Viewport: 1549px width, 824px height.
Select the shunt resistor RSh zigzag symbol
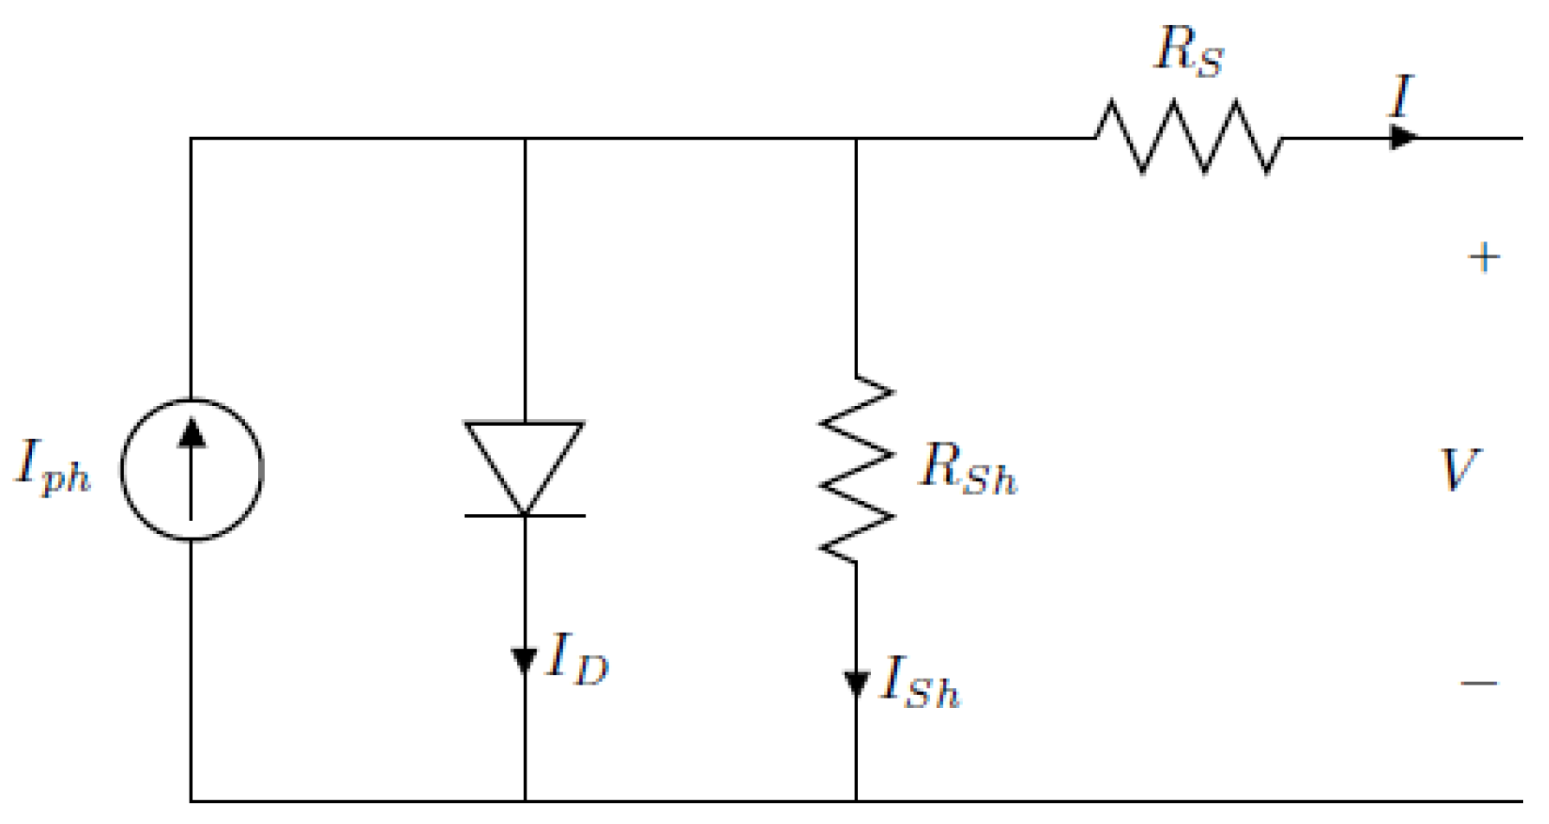point(856,470)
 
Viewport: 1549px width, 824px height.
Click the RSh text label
point(967,470)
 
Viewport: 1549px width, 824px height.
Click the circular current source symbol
point(191,470)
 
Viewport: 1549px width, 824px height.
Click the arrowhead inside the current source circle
point(191,433)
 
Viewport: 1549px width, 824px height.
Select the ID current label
point(578,660)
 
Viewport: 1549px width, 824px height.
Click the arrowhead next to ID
point(525,661)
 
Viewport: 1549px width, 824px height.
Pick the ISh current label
point(920,684)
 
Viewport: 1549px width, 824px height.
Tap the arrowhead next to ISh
point(856,685)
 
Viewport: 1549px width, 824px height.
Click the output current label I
point(1401,97)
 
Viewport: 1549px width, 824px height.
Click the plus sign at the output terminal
point(1484,258)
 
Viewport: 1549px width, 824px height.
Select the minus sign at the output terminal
point(1480,684)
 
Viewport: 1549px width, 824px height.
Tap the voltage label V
point(1460,470)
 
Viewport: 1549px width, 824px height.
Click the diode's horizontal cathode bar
point(525,516)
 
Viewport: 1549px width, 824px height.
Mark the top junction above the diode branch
point(525,138)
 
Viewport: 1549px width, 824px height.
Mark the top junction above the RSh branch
point(856,138)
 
